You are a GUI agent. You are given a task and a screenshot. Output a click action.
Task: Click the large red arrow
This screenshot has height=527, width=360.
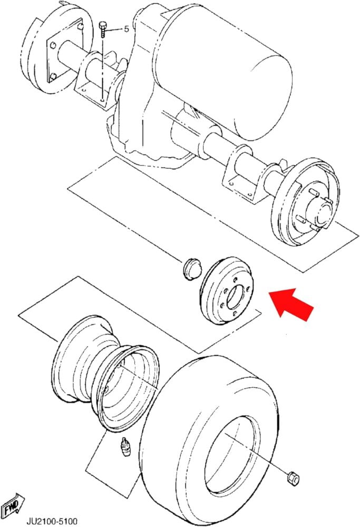pos(291,304)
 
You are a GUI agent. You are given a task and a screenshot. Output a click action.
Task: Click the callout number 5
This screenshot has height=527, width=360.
pos(127,29)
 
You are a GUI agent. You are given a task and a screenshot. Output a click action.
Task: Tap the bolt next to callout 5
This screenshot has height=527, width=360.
pos(103,30)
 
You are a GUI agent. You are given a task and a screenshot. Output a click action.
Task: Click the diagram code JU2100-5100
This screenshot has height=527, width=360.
pos(52,521)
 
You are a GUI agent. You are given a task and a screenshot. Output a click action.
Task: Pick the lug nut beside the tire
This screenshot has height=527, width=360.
pos(293,479)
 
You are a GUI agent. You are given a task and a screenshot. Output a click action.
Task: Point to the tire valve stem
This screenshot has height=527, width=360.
pos(126,447)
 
